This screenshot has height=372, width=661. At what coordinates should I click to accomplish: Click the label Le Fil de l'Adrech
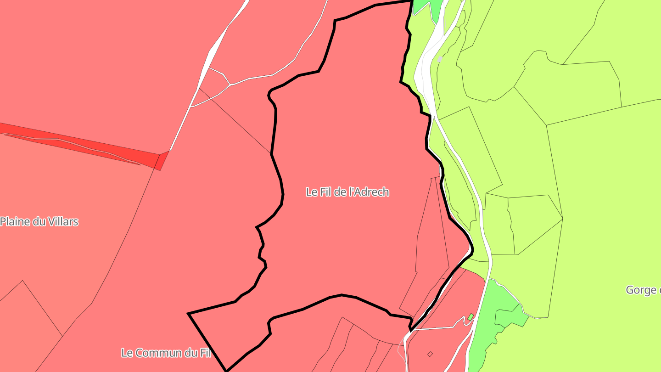coord(347,192)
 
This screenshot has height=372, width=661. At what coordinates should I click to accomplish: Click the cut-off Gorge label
coord(643,290)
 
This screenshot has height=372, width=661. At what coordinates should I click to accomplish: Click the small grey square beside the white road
coord(440,59)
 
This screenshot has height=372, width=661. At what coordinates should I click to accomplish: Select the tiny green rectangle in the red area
coord(471,317)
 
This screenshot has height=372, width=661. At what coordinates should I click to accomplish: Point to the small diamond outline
coord(430,354)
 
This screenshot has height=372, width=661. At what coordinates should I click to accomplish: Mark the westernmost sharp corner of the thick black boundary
coord(189,314)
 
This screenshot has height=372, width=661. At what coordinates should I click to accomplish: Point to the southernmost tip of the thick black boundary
coord(226,370)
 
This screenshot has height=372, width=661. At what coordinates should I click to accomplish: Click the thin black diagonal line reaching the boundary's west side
coord(239,122)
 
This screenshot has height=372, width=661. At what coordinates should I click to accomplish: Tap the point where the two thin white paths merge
coord(230,85)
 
